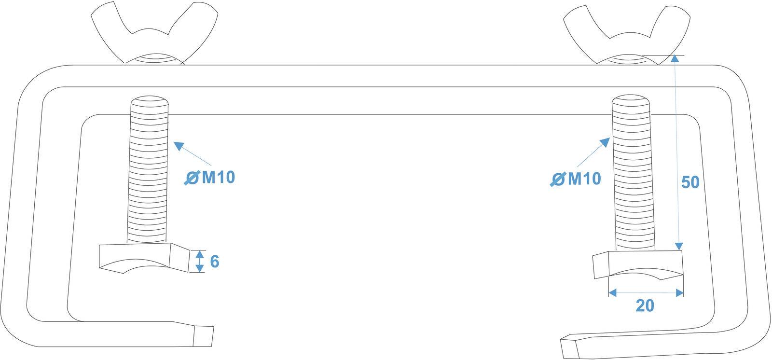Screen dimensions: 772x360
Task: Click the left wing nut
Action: point(154,33)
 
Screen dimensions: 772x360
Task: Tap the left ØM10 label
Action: point(209,177)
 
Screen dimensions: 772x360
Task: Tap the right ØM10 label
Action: point(576,179)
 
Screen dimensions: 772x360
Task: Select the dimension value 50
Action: point(690,182)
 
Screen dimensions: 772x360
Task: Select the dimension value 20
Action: point(645,305)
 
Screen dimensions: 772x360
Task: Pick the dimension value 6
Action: point(214,262)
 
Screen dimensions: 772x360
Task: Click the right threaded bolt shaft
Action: point(634,172)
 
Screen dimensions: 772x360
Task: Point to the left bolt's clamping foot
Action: point(144,258)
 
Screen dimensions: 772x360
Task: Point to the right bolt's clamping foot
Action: point(638,264)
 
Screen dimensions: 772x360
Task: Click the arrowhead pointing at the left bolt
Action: point(179,146)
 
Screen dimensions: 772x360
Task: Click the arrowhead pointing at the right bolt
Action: point(605,142)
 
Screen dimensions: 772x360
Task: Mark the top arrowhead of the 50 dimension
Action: point(675,58)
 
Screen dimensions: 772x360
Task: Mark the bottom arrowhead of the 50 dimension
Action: point(678,246)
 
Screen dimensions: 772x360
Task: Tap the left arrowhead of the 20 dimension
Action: point(612,293)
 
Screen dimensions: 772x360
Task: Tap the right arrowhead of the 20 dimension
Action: point(680,293)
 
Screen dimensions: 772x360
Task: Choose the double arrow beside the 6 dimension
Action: point(200,262)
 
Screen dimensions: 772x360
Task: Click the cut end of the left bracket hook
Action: point(203,336)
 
